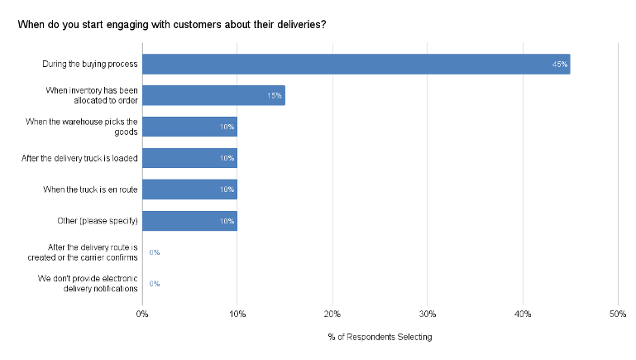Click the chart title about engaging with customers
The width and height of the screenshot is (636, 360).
pyautogui.click(x=171, y=25)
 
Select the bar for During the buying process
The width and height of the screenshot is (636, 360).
pyautogui.click(x=356, y=64)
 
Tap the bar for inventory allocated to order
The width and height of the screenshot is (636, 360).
pyautogui.click(x=213, y=95)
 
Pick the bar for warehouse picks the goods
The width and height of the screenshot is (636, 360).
pyautogui.click(x=189, y=127)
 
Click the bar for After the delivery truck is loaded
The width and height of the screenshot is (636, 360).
pyautogui.click(x=189, y=158)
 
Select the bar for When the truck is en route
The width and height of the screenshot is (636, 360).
pyautogui.click(x=189, y=190)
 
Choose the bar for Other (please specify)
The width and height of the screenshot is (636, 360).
pyautogui.click(x=189, y=221)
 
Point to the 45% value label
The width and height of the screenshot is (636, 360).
pyautogui.click(x=560, y=65)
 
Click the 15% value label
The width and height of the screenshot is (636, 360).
pyautogui.click(x=275, y=96)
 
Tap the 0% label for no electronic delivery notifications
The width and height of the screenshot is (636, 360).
pyautogui.click(x=154, y=284)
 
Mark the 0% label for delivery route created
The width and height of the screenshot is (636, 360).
pyautogui.click(x=154, y=252)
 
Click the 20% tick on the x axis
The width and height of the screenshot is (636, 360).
pyautogui.click(x=332, y=314)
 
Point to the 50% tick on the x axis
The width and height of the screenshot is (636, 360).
pyautogui.click(x=617, y=314)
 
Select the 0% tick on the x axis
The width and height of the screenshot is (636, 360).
pyautogui.click(x=142, y=314)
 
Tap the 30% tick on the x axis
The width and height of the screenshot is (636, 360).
pyautogui.click(x=428, y=314)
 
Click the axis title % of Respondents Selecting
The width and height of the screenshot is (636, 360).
pyautogui.click(x=380, y=338)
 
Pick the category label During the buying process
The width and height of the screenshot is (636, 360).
pyautogui.click(x=89, y=64)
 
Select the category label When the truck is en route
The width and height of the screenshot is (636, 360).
pyautogui.click(x=90, y=190)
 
